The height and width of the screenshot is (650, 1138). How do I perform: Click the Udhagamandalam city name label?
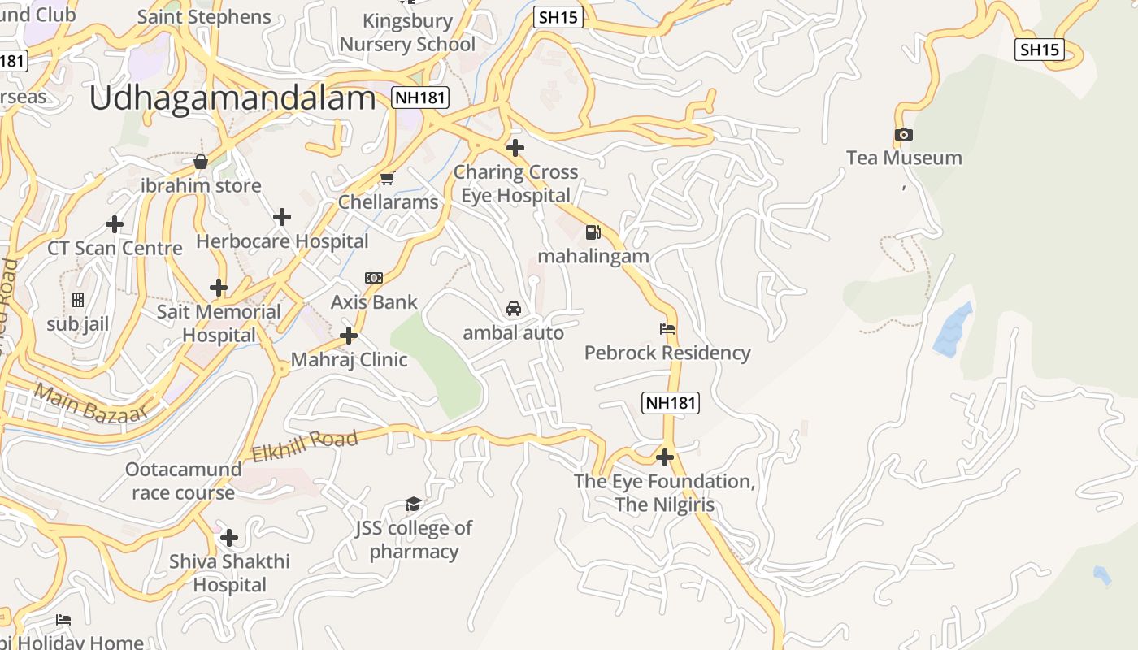232,98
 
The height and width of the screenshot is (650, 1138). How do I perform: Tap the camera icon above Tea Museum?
903,134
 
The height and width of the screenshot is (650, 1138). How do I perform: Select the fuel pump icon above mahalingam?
593,232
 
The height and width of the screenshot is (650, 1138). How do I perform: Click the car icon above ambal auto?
514,309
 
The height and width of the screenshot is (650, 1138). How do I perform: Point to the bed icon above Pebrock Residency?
667,329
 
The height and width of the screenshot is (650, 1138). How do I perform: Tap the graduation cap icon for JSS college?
413,505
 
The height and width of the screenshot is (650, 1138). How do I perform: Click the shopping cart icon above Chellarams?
388,178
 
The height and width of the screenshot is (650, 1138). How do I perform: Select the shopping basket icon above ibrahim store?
201,162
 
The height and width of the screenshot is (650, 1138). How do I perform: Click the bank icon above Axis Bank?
374,278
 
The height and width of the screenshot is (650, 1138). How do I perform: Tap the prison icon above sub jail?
78,300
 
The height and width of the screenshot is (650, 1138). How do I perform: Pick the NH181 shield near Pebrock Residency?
671,402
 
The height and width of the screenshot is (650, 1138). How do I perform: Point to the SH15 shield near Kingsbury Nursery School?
558,17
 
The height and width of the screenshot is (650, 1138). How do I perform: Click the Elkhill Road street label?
305,446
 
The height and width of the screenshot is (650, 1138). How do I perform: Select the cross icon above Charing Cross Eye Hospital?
515,148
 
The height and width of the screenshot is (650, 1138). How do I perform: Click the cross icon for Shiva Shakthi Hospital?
229,538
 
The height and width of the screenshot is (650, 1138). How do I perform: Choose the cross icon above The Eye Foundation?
665,457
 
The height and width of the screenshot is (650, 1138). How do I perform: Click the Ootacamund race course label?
184,481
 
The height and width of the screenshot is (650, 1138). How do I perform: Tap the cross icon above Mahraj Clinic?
349,335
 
